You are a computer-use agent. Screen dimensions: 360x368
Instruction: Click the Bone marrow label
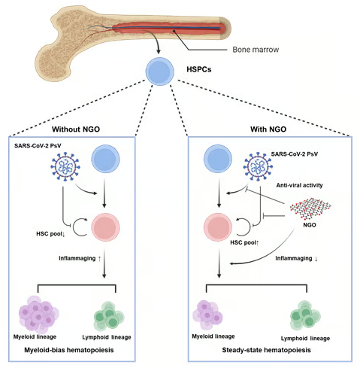tap(256, 50)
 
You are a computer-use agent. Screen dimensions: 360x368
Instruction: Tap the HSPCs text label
tap(199, 69)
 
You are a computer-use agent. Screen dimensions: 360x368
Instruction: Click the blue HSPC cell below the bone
tap(160, 71)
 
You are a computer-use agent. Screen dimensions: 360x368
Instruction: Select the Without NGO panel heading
tap(76, 129)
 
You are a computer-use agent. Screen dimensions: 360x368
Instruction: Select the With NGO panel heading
tap(268, 129)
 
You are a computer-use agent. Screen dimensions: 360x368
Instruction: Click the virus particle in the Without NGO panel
tap(65, 166)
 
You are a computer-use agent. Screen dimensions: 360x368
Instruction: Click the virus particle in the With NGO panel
tap(258, 166)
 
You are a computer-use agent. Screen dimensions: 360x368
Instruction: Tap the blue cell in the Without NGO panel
tap(105, 159)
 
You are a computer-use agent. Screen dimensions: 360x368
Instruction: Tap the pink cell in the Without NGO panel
tap(105, 227)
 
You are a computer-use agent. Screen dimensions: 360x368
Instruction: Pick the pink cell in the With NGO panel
tap(218, 227)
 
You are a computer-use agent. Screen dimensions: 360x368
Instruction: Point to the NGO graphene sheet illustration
tap(310, 208)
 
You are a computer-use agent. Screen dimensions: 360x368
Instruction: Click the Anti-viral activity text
tap(299, 185)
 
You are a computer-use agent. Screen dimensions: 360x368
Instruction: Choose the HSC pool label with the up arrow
tap(244, 242)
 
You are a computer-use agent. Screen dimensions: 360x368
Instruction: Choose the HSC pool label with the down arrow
tap(51, 234)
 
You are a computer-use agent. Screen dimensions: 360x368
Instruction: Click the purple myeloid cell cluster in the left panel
tap(38, 315)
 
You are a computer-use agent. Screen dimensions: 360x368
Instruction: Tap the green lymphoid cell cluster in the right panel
tap(305, 315)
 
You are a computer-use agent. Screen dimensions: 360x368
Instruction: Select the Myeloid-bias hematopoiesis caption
tap(69, 350)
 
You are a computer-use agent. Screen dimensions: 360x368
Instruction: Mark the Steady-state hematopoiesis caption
tap(266, 350)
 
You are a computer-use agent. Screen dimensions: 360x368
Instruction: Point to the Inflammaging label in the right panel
tap(297, 258)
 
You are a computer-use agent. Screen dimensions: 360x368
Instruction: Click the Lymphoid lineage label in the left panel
tap(107, 337)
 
